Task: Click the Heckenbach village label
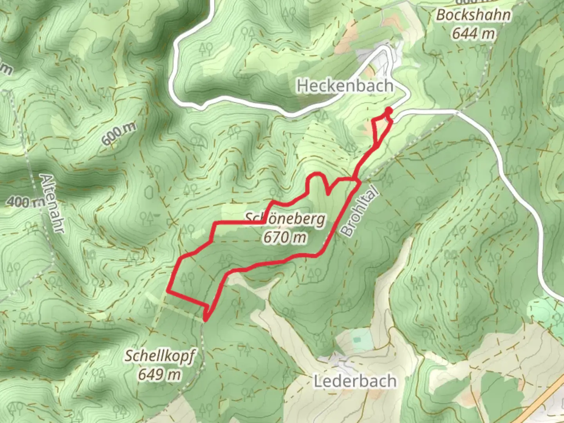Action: click(x=345, y=85)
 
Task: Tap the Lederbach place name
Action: click(x=355, y=381)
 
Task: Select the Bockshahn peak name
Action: click(x=474, y=15)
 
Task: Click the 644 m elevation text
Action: click(x=474, y=34)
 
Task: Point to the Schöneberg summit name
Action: click(x=285, y=219)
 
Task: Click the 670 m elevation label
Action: click(x=285, y=237)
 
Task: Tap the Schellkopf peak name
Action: click(x=160, y=356)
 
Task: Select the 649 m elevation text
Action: click(x=159, y=374)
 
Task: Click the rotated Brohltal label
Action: click(x=360, y=211)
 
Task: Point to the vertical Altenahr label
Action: click(x=52, y=204)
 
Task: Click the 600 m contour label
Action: click(x=118, y=133)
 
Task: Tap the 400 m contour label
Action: click(x=25, y=202)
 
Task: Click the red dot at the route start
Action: click(x=389, y=110)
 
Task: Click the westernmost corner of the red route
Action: click(x=168, y=291)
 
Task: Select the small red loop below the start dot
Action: click(x=380, y=127)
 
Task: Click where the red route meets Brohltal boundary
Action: click(x=357, y=182)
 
